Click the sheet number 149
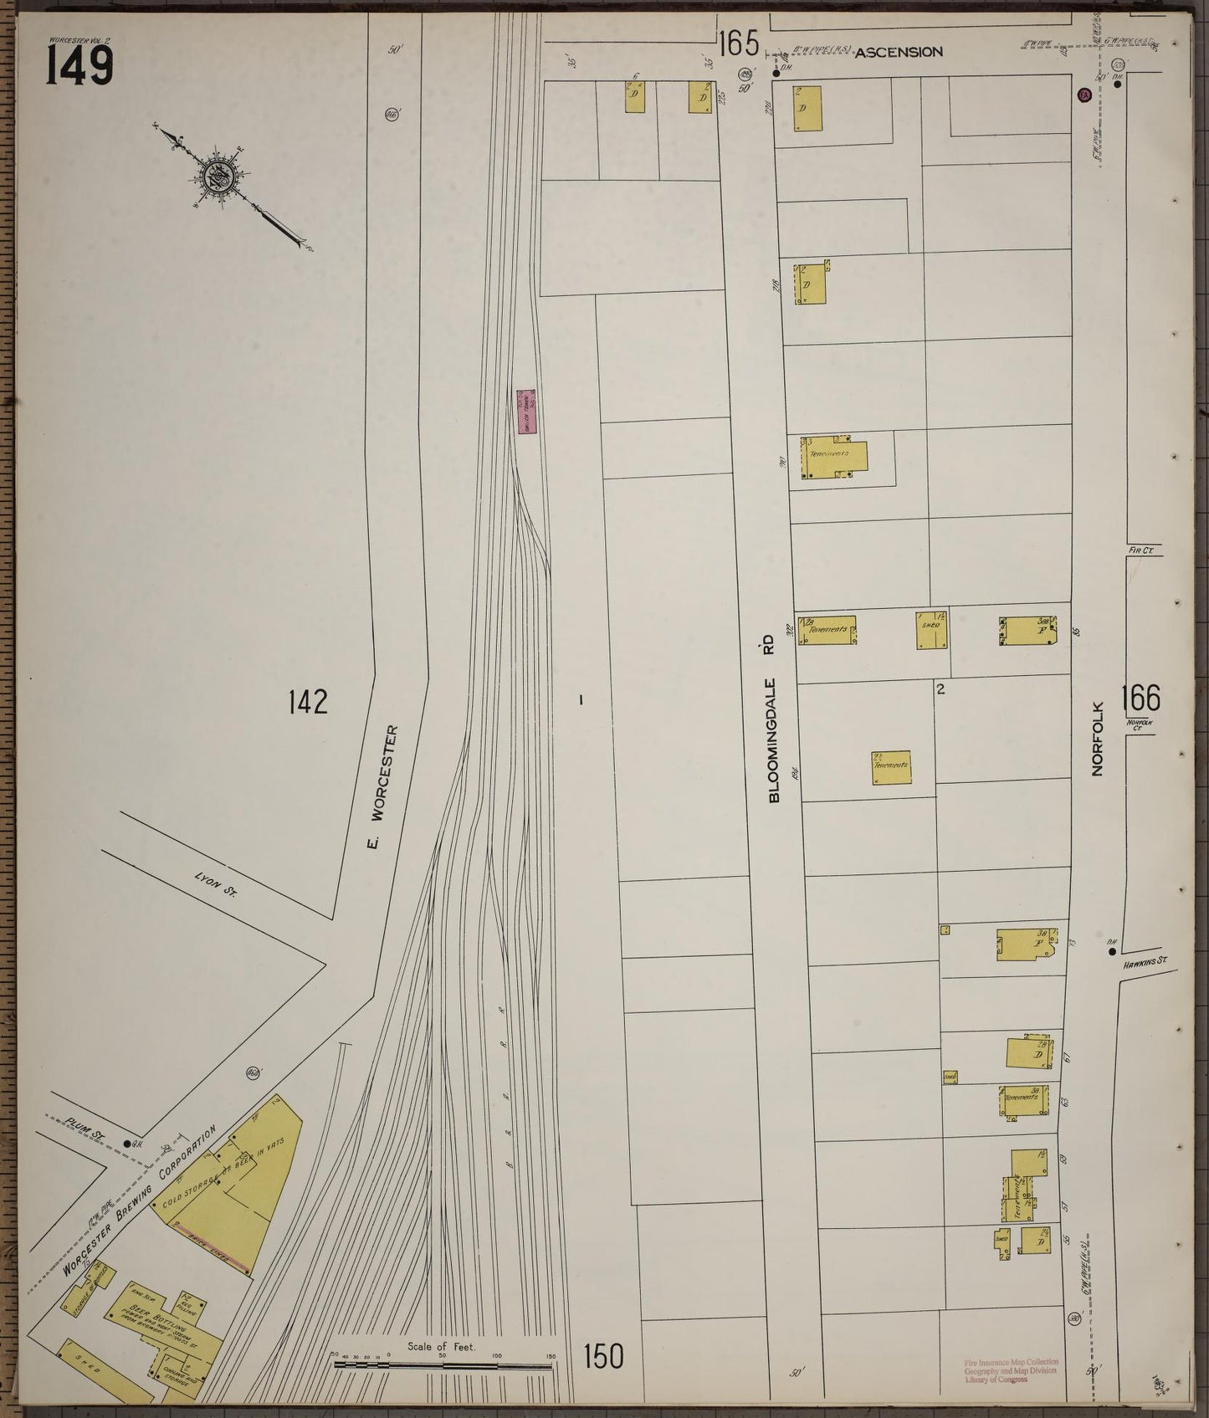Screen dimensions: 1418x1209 [79, 65]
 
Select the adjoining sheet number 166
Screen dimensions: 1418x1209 [1142, 696]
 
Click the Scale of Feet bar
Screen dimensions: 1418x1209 [443, 1364]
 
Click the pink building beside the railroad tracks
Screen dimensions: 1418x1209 [525, 412]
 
